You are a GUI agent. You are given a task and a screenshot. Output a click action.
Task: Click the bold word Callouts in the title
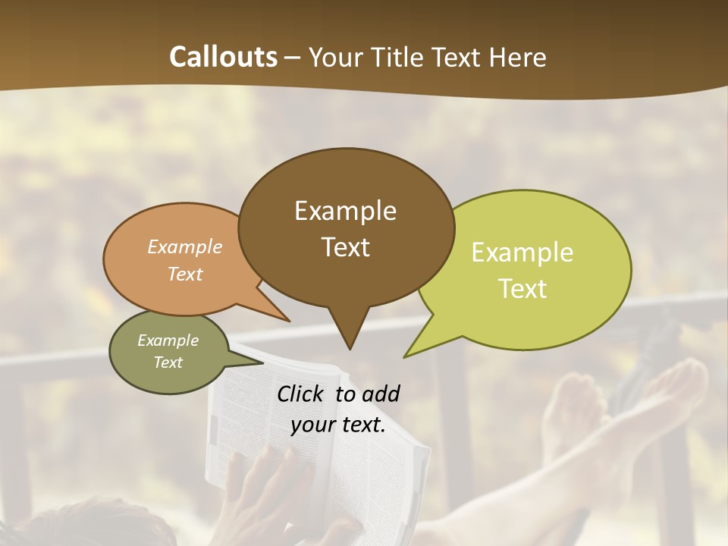[x=223, y=57]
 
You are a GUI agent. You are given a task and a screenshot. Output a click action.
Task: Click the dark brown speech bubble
[x=346, y=227]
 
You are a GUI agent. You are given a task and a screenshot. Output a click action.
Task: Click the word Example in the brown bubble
[x=345, y=211]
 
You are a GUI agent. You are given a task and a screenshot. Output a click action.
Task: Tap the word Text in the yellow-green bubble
[x=522, y=289]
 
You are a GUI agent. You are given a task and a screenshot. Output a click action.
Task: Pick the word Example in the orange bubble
[x=184, y=247]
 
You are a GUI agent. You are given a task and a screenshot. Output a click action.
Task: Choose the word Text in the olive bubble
[x=168, y=362]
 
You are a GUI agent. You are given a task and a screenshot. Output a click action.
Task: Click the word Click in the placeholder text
[x=302, y=394]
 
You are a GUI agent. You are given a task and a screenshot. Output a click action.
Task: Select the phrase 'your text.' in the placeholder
[x=337, y=425]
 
